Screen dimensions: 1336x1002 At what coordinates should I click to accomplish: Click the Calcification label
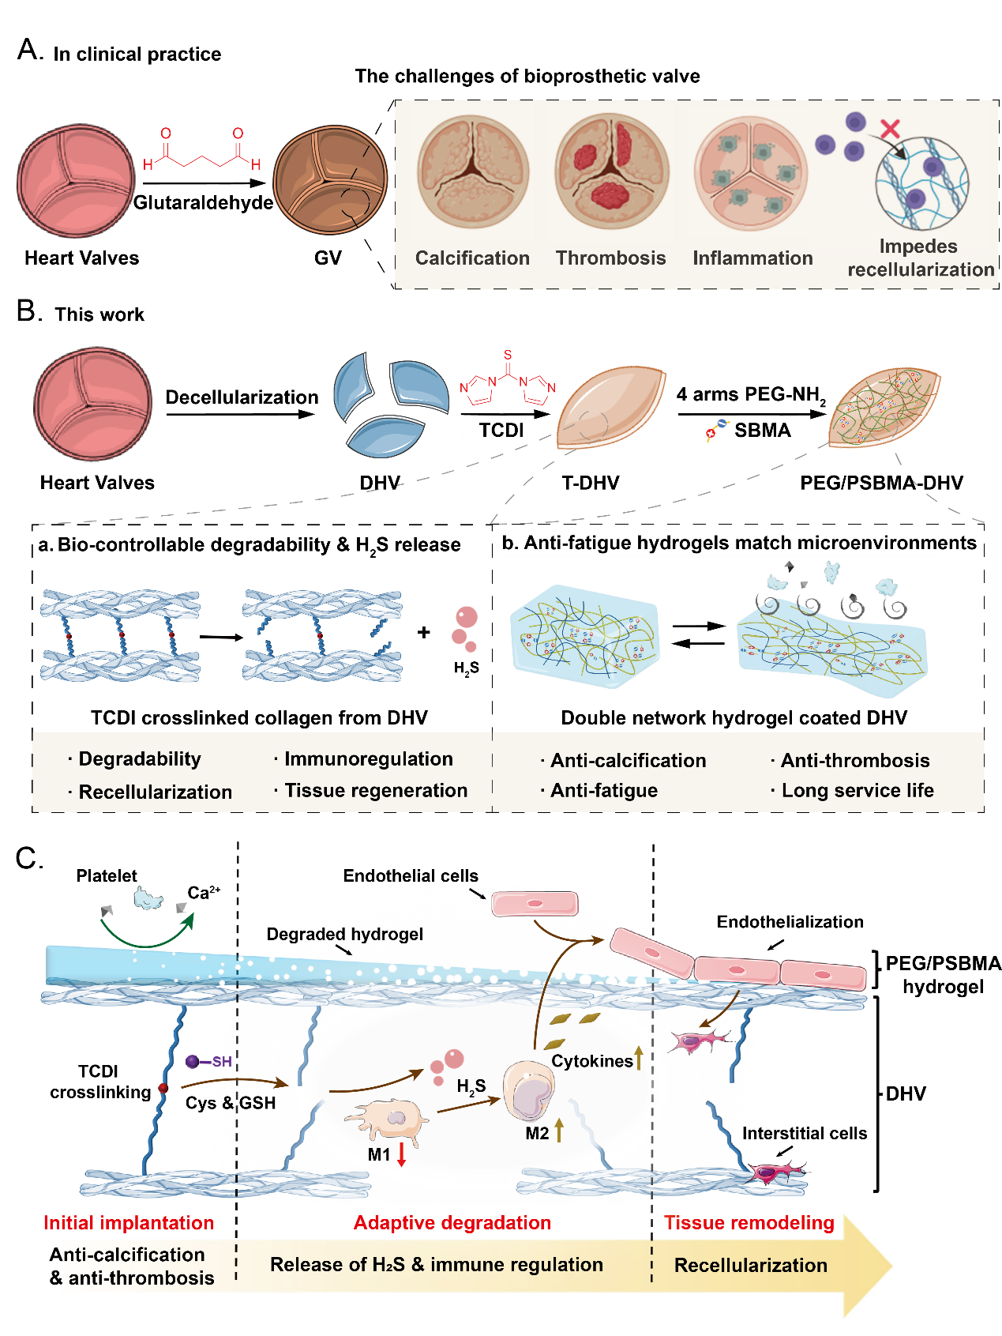tap(472, 258)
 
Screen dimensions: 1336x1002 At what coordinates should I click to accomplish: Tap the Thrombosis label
tap(610, 258)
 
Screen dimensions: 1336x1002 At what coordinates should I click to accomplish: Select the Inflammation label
tap(752, 258)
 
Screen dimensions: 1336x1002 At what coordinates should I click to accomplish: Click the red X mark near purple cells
tap(890, 129)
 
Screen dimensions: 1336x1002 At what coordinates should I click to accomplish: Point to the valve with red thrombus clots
tap(611, 171)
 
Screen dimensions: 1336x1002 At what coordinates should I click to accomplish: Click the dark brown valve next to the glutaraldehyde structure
tap(330, 179)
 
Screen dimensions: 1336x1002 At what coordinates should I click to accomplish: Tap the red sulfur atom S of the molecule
tap(508, 355)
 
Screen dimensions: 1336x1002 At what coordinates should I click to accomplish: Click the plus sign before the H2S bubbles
tap(424, 632)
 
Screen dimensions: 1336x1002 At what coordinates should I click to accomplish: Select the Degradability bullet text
tap(139, 759)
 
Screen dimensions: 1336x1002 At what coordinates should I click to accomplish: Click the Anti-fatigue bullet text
tap(603, 791)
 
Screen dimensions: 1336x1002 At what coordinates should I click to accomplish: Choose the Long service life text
tap(857, 791)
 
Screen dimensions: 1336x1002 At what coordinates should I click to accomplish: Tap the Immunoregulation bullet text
tap(368, 759)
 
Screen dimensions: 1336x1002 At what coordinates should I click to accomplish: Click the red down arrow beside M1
tap(401, 1154)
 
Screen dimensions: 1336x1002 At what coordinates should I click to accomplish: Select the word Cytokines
tap(592, 1061)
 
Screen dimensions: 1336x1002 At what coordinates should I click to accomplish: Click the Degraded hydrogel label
tap(344, 935)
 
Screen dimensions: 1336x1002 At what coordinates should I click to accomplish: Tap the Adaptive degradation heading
tap(452, 1223)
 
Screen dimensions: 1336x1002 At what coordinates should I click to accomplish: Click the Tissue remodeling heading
tap(749, 1223)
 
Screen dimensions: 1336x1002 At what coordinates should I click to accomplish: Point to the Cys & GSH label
tap(231, 1103)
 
